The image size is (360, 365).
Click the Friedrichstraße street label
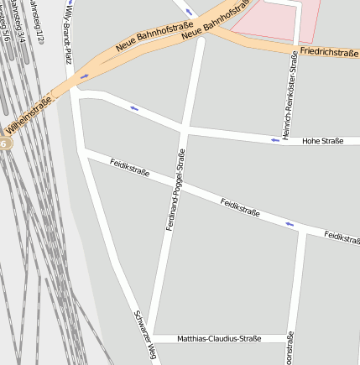point(329,52)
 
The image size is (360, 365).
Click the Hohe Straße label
point(323,141)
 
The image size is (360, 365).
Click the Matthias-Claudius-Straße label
point(220,339)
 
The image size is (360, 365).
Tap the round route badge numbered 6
point(3,144)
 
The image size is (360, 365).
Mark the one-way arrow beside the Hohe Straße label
point(274,139)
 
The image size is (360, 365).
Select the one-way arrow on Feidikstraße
point(290,223)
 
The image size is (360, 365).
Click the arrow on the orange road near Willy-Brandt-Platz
point(84,77)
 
